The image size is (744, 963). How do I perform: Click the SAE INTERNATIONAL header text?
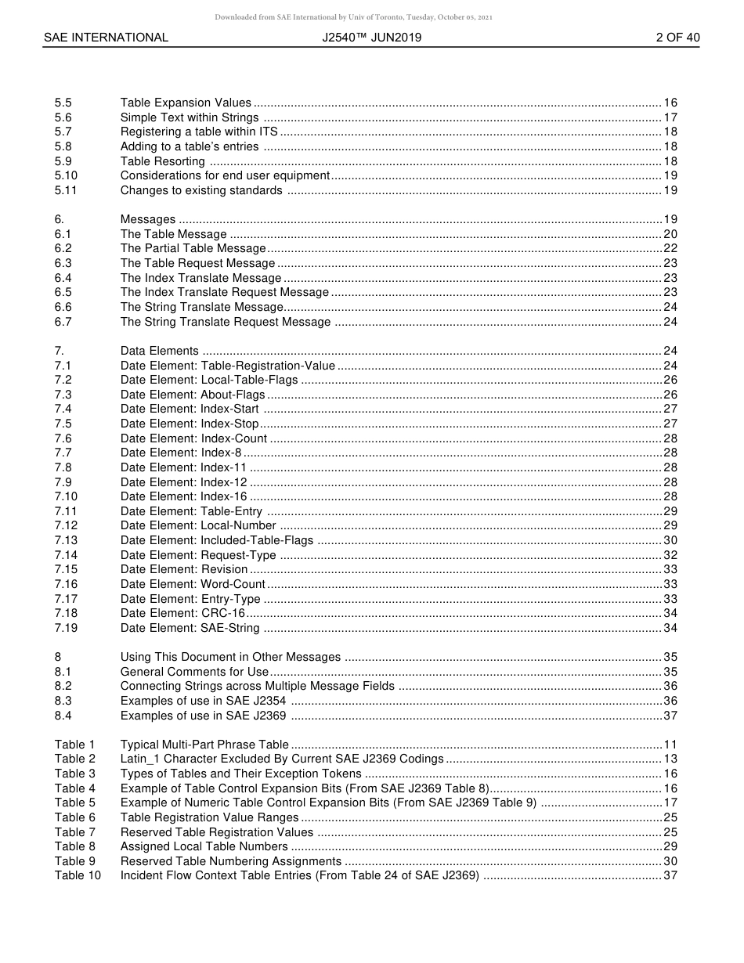coord(106,38)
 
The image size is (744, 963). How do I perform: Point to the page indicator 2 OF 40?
coord(677,38)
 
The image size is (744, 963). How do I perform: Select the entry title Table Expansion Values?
coord(186,103)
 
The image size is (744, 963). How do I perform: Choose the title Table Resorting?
coord(162,161)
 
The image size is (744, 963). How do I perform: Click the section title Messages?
coord(148,219)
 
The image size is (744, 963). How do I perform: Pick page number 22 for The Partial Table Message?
coord(670,248)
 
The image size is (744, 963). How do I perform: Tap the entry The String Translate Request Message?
coord(226,322)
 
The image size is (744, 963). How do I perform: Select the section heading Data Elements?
coord(159,351)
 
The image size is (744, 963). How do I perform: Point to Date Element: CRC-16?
coord(182,613)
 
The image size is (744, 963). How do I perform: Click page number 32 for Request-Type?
coord(670,555)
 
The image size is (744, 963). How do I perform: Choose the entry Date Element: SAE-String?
coord(190,628)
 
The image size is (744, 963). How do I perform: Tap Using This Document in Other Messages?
coord(230,657)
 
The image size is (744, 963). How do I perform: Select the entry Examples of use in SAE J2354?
coord(203,701)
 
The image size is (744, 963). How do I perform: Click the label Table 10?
coord(78,875)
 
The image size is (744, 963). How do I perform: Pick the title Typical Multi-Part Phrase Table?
coord(204,745)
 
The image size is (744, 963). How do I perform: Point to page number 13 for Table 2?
coord(670,759)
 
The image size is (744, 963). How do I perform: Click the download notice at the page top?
coord(353,17)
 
